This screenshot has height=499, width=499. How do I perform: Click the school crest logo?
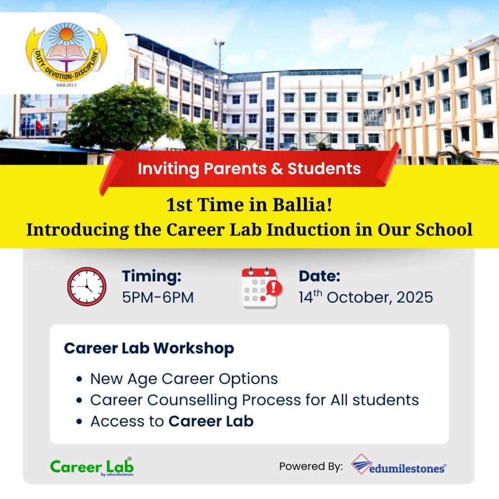click(66, 53)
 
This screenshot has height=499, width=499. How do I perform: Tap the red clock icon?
click(87, 287)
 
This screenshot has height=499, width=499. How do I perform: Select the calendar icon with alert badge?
click(262, 288)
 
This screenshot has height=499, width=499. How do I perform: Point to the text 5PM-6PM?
click(158, 298)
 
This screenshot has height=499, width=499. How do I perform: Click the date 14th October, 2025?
click(365, 297)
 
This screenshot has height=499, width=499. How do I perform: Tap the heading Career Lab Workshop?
click(149, 348)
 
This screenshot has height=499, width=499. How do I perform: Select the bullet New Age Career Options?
click(184, 379)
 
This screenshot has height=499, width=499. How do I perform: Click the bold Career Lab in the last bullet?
click(211, 421)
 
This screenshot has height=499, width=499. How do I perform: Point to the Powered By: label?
click(311, 466)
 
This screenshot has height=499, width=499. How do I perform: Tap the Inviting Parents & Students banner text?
click(249, 168)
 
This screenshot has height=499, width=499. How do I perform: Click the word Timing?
click(152, 276)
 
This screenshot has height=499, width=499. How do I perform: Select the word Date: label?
click(320, 276)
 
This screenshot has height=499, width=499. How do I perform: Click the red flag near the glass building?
click(39, 126)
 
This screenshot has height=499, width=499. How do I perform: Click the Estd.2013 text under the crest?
click(66, 85)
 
